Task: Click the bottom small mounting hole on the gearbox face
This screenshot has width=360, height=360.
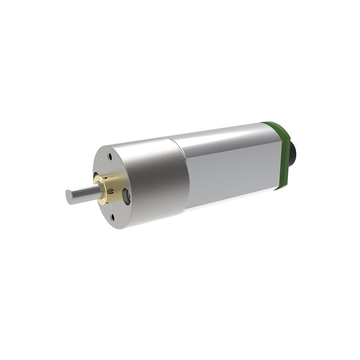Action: click(x=113, y=217)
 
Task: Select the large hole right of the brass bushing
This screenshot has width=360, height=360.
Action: click(x=126, y=197)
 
